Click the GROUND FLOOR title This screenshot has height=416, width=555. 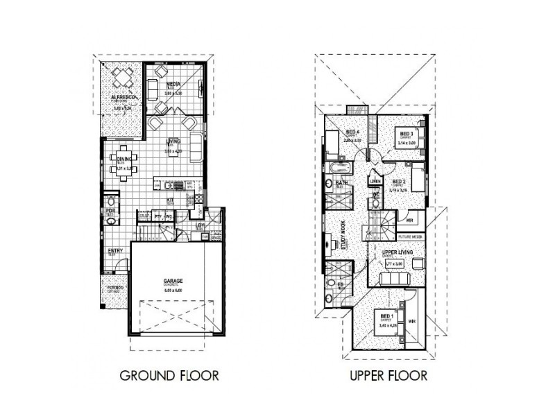169,376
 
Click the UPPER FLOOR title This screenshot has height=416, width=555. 388,376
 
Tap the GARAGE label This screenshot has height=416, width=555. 173,280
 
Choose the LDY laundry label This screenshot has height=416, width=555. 200,225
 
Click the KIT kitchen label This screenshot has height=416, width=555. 169,201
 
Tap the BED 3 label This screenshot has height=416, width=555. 407,133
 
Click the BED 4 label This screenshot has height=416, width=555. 352,132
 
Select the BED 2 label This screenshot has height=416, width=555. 398,182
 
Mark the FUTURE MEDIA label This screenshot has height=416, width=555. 411,236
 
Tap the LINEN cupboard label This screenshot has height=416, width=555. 375,181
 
